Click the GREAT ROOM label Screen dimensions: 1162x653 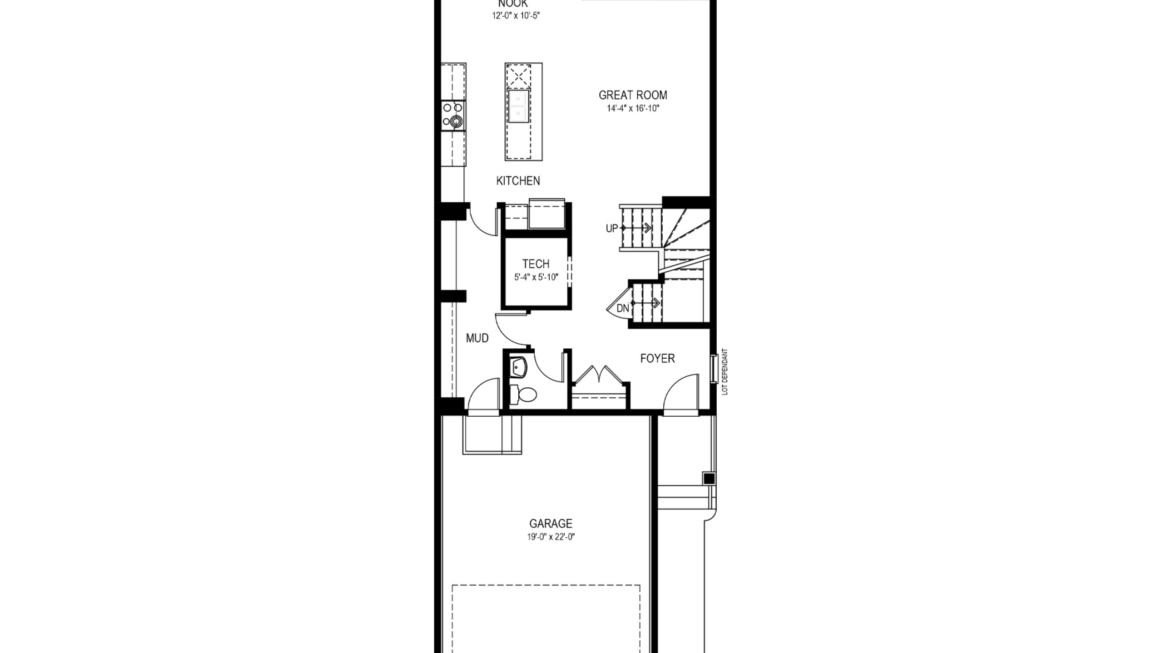tap(633, 95)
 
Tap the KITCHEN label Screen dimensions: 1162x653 tap(518, 181)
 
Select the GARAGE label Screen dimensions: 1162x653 tap(551, 524)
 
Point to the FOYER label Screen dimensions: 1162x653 tap(657, 359)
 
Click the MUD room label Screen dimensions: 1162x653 tap(477, 338)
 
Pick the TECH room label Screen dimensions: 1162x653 tap(536, 264)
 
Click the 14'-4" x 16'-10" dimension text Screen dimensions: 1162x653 tap(633, 109)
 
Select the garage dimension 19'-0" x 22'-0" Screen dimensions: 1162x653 tap(551, 537)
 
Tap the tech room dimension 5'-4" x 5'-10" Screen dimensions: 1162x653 tap(536, 278)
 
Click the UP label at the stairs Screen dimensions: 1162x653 tap(612, 229)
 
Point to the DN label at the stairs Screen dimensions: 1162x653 tap(623, 309)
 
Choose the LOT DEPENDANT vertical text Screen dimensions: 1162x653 tap(724, 371)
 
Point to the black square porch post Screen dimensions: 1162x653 tap(709, 478)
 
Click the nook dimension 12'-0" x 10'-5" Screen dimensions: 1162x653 tap(516, 16)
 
